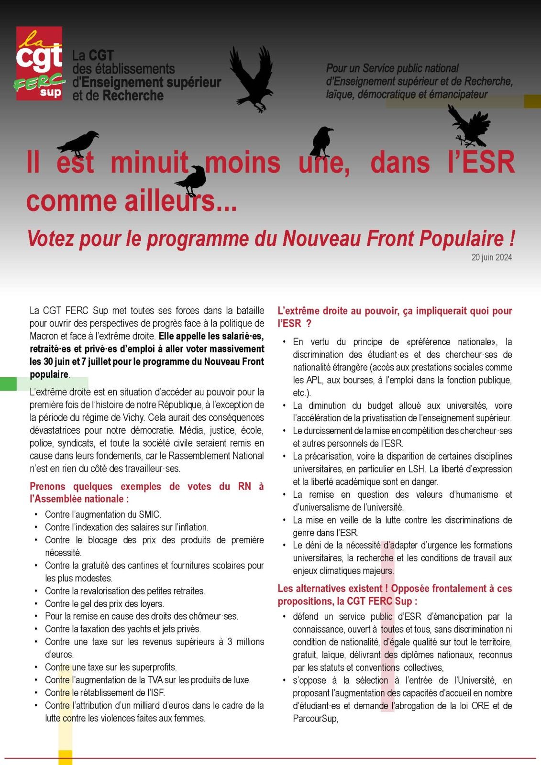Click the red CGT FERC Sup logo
pyautogui.click(x=39, y=63)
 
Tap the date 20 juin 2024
pyautogui.click(x=491, y=257)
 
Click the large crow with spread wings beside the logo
pyautogui.click(x=252, y=77)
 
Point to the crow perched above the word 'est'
pyautogui.click(x=78, y=143)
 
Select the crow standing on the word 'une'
pyautogui.click(x=321, y=142)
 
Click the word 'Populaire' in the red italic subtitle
pyautogui.click(x=457, y=238)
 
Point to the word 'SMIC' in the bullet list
pyautogui.click(x=149, y=514)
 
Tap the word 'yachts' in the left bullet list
pyautogui.click(x=149, y=629)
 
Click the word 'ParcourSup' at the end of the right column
pyautogui.click(x=315, y=719)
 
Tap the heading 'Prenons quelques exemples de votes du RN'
pyautogui.click(x=146, y=492)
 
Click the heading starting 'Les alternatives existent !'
pyautogui.click(x=395, y=595)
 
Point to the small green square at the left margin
pyautogui.click(x=8, y=384)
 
